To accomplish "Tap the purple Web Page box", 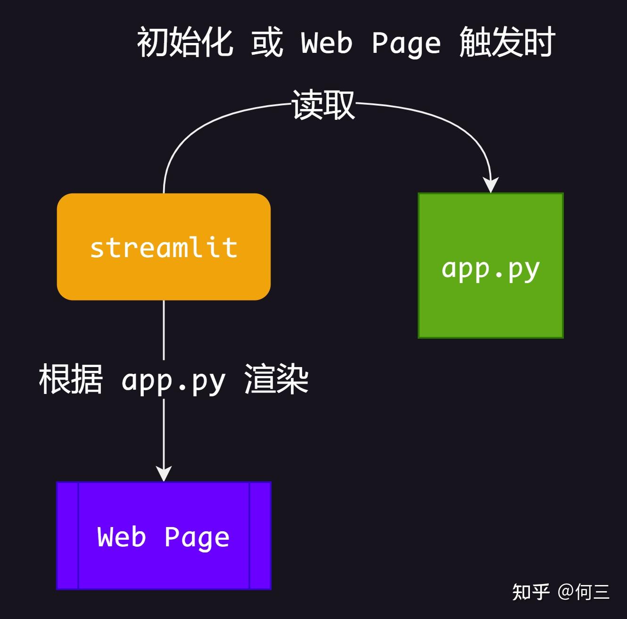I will (164, 566).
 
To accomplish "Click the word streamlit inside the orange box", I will (164, 248).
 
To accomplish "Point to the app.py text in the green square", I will (490, 269).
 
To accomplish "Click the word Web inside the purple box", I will (122, 537).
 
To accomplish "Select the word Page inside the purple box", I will (197, 538).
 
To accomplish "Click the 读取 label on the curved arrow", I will (323, 105).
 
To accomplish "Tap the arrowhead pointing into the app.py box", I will (491, 185).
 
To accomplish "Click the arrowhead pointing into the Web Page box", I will (164, 473).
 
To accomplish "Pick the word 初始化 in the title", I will (185, 42).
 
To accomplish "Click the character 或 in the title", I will (267, 42).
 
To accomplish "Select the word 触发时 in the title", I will (507, 42).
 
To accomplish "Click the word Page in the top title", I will (406, 43).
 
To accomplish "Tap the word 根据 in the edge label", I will (71, 379).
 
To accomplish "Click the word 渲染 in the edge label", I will (276, 379).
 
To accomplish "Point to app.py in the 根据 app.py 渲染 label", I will (173, 381).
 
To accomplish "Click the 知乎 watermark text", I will (531, 592).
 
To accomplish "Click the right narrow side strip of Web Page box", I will (260, 535).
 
